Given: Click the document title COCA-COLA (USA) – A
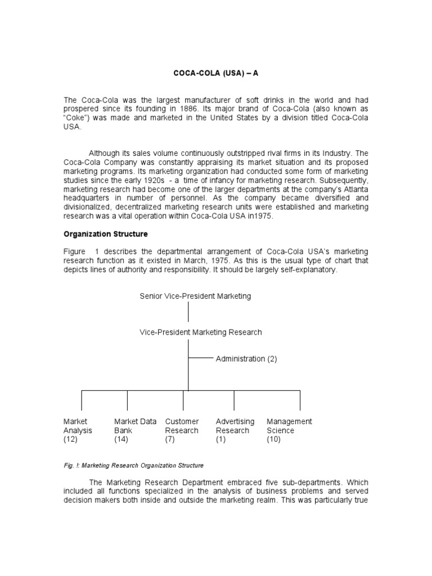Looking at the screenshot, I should point(215,73).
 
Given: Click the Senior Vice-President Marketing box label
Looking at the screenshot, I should point(195,296).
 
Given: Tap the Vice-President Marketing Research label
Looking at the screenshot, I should point(200,332).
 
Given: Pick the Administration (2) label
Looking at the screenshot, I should point(246,359).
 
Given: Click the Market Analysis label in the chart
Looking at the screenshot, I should point(78,426).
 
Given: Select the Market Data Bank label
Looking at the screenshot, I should point(135,426).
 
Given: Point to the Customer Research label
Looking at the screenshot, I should point(182,426).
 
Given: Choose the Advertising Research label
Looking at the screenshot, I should point(235,426).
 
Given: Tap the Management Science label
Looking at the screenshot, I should point(289,426).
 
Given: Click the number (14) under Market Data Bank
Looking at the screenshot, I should point(121,439).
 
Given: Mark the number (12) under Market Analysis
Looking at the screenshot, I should point(70,439).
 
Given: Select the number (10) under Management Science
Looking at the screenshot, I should point(274,439).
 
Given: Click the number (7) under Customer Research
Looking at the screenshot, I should point(170,439).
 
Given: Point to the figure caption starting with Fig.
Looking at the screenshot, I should point(133,466).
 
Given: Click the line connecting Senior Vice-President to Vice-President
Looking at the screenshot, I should point(188,314).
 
